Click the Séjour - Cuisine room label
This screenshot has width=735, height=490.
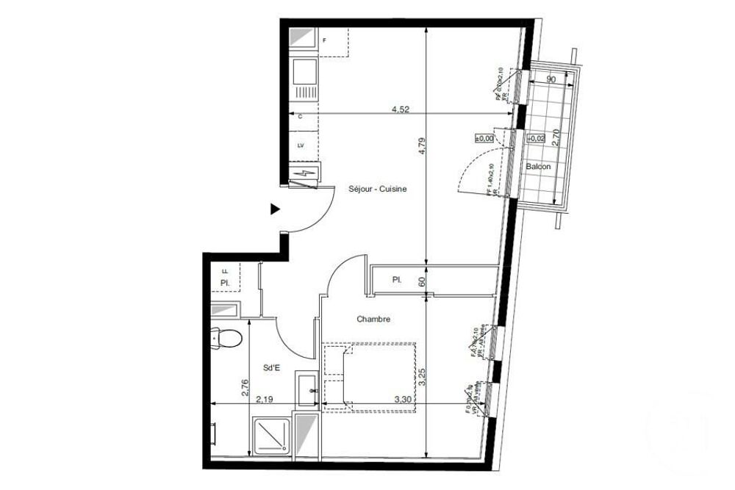(377, 189)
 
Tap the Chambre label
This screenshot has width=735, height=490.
(373, 319)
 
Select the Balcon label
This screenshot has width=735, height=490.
(538, 167)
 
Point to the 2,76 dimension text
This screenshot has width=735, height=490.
(245, 387)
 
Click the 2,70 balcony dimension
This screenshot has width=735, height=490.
(556, 137)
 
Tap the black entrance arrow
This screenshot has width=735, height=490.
(275, 209)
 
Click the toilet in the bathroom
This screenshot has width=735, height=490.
(228, 337)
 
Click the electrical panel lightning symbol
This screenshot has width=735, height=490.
(304, 174)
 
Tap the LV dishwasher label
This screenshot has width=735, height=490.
(301, 145)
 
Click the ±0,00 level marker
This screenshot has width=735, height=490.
(484, 137)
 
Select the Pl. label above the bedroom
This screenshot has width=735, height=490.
(396, 279)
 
